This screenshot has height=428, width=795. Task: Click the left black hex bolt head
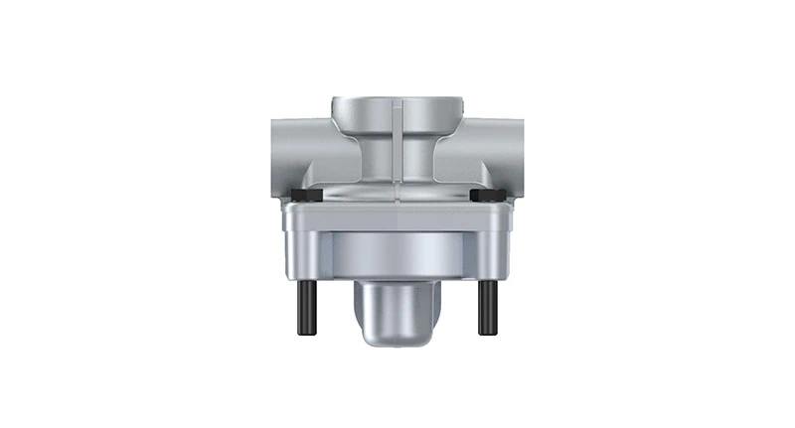306,196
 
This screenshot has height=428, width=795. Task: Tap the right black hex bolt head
486,196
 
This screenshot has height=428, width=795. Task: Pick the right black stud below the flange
487,307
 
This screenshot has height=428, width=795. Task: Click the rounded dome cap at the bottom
397,313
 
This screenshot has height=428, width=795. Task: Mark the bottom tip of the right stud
487,333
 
